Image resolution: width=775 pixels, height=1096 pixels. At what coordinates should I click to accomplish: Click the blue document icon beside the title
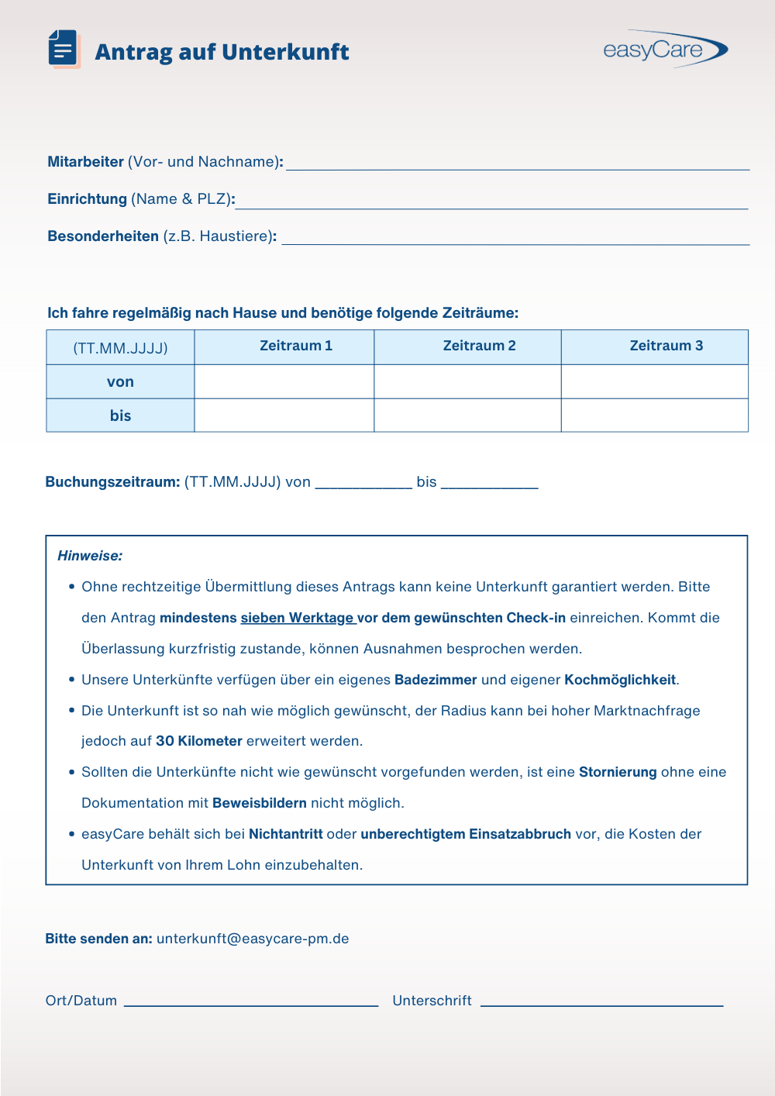(64, 50)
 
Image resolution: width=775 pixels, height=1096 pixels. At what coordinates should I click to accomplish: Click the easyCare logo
(665, 50)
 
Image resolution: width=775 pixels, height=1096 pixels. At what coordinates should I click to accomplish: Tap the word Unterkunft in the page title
(285, 52)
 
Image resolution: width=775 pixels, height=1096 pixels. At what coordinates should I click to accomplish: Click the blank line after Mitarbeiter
(517, 163)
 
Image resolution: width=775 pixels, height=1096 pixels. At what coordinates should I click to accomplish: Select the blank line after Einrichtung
(491, 202)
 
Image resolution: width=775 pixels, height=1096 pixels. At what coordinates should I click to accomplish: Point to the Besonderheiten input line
(515, 238)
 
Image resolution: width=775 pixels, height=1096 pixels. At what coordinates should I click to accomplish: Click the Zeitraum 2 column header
(479, 346)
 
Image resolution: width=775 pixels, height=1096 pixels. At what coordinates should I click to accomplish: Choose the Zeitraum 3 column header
(666, 346)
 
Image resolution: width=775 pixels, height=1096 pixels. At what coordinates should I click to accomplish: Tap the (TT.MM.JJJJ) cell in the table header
(120, 348)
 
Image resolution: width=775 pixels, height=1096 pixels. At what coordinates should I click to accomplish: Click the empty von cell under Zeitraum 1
(284, 381)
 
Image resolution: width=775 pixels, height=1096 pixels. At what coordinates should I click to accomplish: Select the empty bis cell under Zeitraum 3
(654, 415)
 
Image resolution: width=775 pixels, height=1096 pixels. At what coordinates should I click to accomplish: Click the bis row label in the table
(120, 415)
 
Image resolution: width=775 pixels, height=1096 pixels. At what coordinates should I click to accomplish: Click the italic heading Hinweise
(90, 556)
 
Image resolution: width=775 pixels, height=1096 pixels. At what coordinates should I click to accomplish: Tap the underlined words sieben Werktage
(298, 618)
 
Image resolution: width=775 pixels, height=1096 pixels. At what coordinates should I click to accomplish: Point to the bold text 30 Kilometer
(199, 741)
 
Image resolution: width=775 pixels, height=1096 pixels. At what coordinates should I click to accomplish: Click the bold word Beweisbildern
(259, 803)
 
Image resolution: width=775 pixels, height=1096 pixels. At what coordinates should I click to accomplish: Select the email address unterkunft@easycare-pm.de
(253, 939)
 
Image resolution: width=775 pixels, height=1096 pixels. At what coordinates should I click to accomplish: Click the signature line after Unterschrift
(601, 1001)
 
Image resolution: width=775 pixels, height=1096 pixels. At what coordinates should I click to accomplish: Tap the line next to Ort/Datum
(250, 1001)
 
